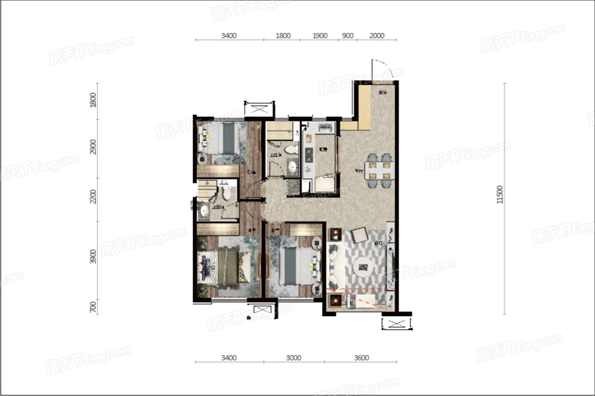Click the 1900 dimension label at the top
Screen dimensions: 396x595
pyautogui.click(x=320, y=36)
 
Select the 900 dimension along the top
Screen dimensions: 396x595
pyautogui.click(x=348, y=36)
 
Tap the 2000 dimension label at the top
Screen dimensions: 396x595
pyautogui.click(x=377, y=36)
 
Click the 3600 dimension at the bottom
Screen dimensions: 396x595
pyautogui.click(x=361, y=358)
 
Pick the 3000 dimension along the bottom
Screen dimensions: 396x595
pyautogui.click(x=294, y=358)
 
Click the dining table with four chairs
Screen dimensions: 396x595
pyautogui.click(x=379, y=170)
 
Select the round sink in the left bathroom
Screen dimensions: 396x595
pyautogui.click(x=204, y=211)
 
